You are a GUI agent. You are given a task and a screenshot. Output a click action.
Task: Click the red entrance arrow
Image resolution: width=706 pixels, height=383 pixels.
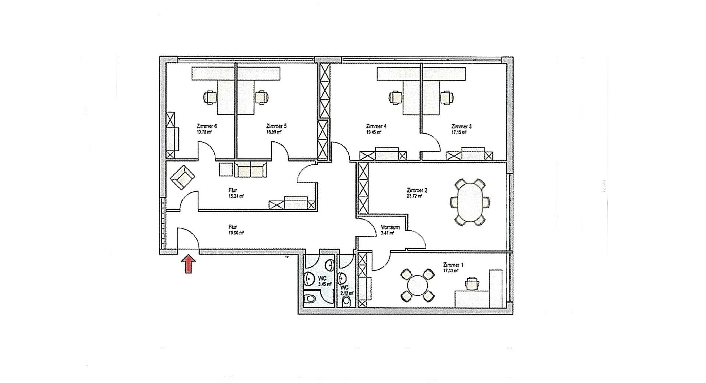coord(188,265)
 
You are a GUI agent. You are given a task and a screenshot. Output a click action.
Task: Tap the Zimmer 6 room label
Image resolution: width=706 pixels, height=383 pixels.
coord(207,126)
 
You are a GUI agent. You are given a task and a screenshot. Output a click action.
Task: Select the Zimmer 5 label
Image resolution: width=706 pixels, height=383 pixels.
coord(276,126)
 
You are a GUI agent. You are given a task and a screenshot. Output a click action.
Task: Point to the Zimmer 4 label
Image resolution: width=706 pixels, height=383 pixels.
coord(376,126)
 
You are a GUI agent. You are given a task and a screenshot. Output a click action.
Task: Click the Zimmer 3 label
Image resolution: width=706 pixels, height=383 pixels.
coord(461,127)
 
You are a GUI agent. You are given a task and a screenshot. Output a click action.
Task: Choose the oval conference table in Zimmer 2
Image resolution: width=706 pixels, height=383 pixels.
coord(470,202)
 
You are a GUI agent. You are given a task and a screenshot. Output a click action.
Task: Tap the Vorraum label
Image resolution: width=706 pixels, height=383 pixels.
coord(390,227)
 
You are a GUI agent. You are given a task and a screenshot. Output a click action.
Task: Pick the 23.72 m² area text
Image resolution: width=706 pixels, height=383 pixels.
coord(414,196)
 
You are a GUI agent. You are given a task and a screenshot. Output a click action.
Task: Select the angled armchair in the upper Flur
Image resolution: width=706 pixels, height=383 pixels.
coord(182,177)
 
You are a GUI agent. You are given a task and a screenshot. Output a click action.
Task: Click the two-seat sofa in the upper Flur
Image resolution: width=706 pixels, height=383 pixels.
coord(250,170)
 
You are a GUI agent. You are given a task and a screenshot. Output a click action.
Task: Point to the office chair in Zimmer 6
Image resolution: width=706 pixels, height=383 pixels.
coord(210,97)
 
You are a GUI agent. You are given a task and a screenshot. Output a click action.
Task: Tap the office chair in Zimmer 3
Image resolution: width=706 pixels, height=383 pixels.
coord(446,97)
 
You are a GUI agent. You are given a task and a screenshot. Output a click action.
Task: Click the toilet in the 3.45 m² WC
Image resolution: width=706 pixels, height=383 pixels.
coord(310,298)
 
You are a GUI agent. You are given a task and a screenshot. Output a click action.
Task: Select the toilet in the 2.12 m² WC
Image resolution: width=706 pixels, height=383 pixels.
coord(346,301)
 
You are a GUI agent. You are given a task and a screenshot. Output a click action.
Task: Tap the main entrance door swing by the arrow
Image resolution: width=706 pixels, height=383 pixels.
coord(188,239)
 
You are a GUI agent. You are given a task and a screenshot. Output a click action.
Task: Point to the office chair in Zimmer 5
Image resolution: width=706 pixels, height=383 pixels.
coord(261,97)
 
